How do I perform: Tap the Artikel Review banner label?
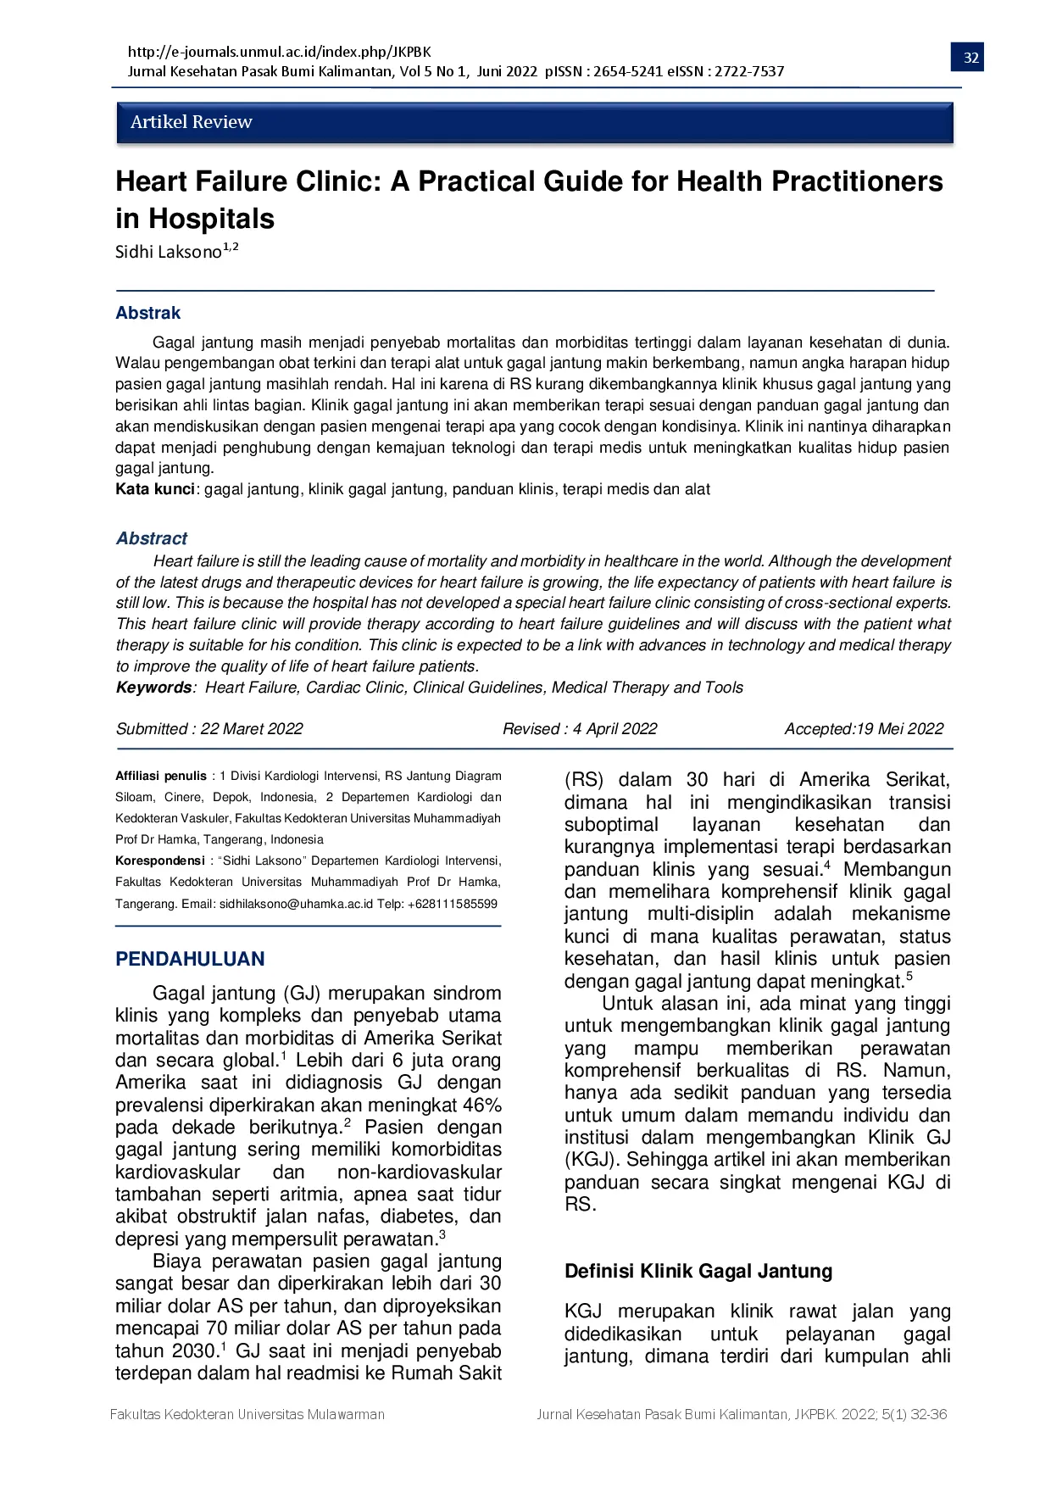tap(191, 122)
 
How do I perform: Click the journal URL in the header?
tap(279, 52)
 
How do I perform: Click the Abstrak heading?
tap(148, 313)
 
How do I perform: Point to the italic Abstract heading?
tap(152, 538)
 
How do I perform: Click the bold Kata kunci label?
tap(155, 489)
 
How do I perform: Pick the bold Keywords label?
tap(154, 688)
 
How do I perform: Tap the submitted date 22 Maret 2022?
tap(251, 729)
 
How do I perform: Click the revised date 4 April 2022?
tap(614, 729)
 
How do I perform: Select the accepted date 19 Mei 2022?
tap(900, 729)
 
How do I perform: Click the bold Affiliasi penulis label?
tap(161, 776)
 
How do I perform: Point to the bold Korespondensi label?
tap(160, 860)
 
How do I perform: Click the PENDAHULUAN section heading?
tap(190, 959)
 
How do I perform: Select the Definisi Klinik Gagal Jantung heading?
tap(698, 1271)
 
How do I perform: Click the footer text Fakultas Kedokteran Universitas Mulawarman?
tap(247, 1414)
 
